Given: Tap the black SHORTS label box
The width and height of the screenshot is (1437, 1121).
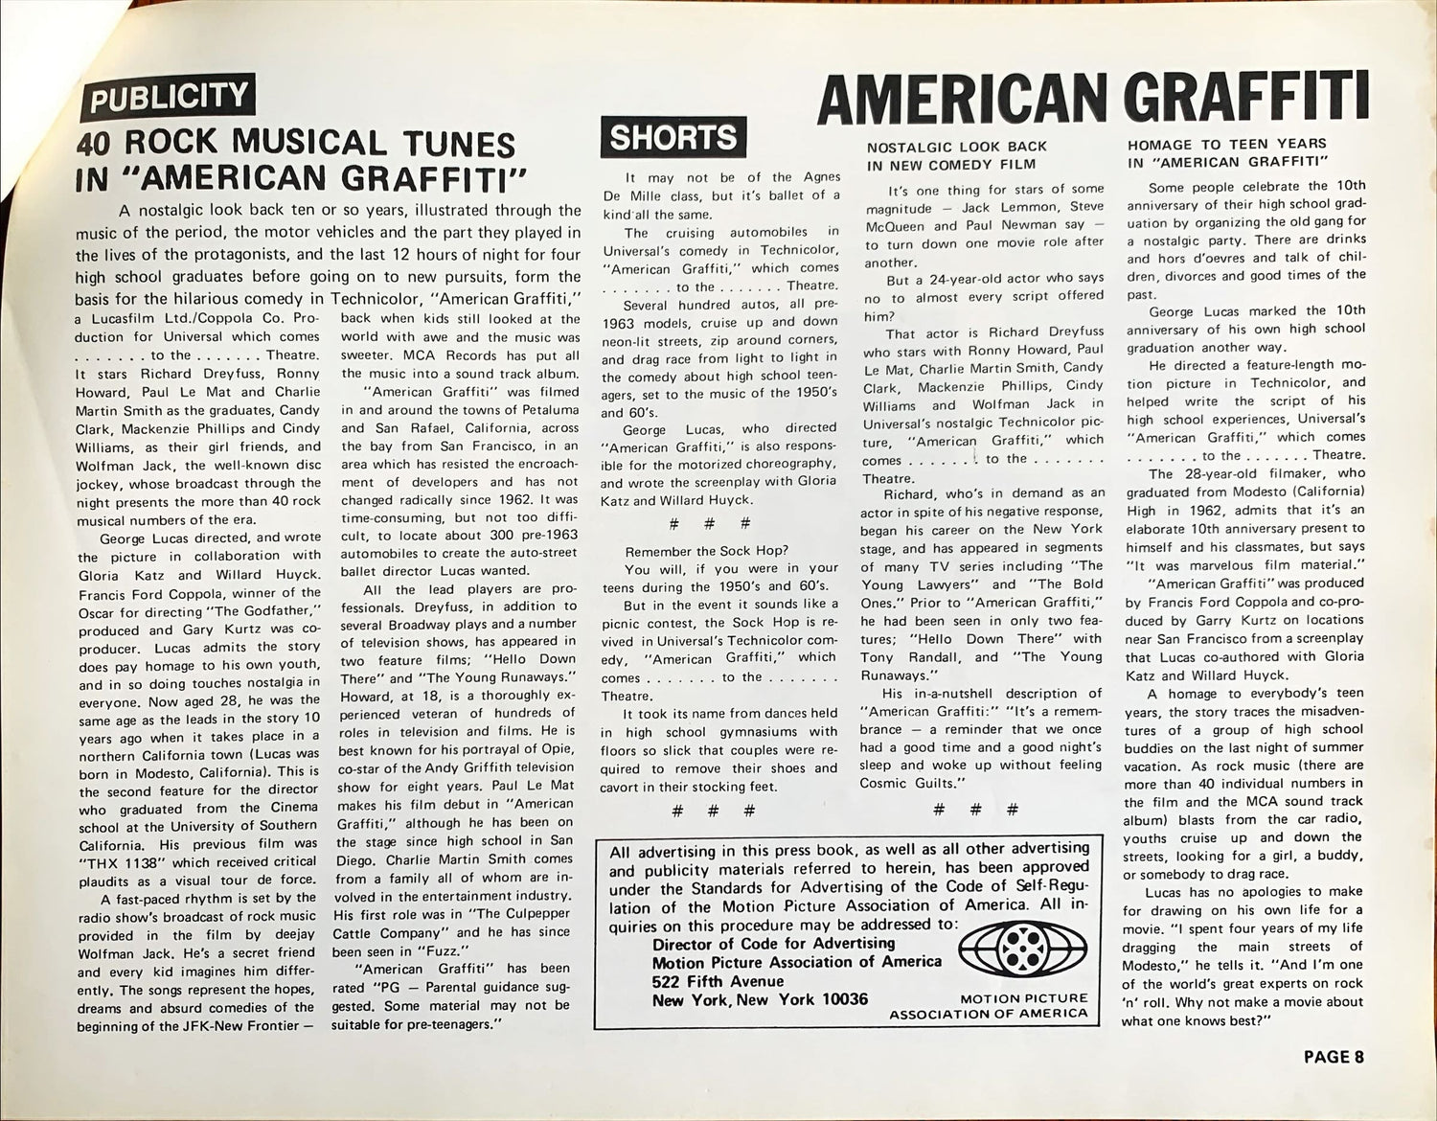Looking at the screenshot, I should coord(673,137).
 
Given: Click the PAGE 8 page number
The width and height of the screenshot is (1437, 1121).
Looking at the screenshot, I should coord(1334,1057).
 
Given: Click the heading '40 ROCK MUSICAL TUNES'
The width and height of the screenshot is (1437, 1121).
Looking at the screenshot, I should coord(296,145).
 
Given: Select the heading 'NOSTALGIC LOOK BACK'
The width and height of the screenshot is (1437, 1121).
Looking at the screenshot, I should coord(956,147).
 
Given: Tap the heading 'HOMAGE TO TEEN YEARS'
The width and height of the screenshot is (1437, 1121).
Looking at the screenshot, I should coord(1226,144).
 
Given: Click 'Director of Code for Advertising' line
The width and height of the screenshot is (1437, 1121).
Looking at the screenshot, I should coord(757,943).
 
